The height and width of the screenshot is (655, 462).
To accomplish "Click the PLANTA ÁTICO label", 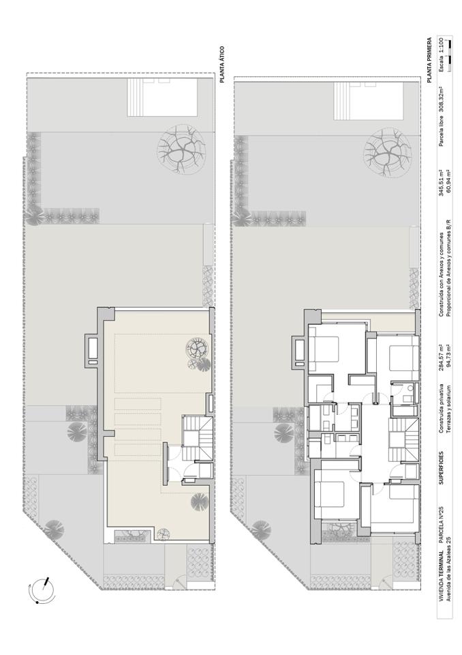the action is coord(222,64).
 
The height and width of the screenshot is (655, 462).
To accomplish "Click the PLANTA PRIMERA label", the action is coord(429,60).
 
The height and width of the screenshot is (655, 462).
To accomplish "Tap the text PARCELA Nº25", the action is coord(441,524).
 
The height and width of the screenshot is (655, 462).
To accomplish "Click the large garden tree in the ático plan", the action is coord(182,149).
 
